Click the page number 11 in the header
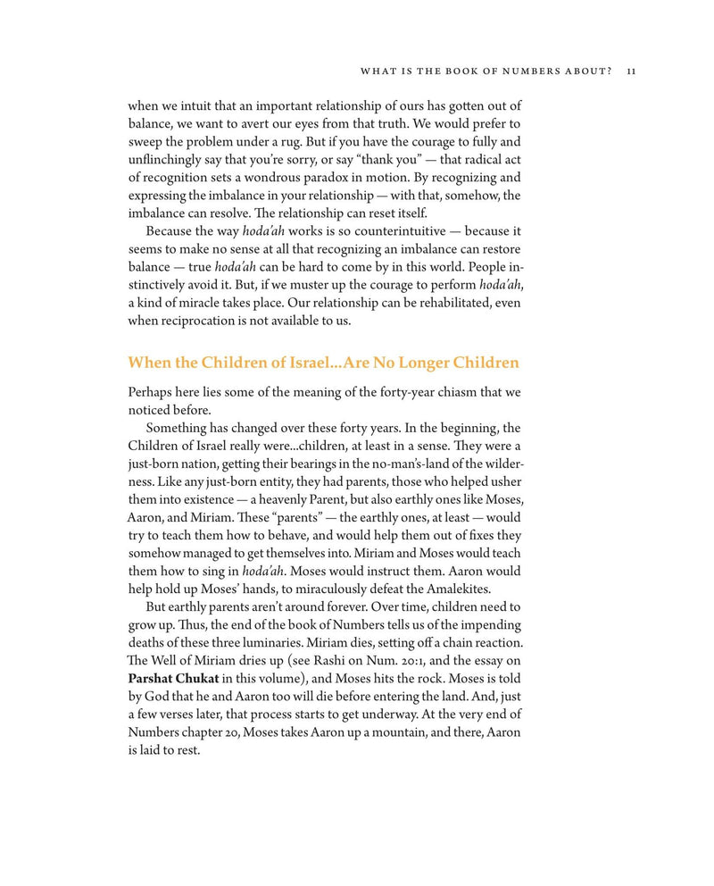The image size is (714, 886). [x=630, y=71]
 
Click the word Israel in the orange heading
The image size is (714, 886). [x=298, y=363]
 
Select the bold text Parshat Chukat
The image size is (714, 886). [x=174, y=678]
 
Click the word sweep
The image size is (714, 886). [x=146, y=142]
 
